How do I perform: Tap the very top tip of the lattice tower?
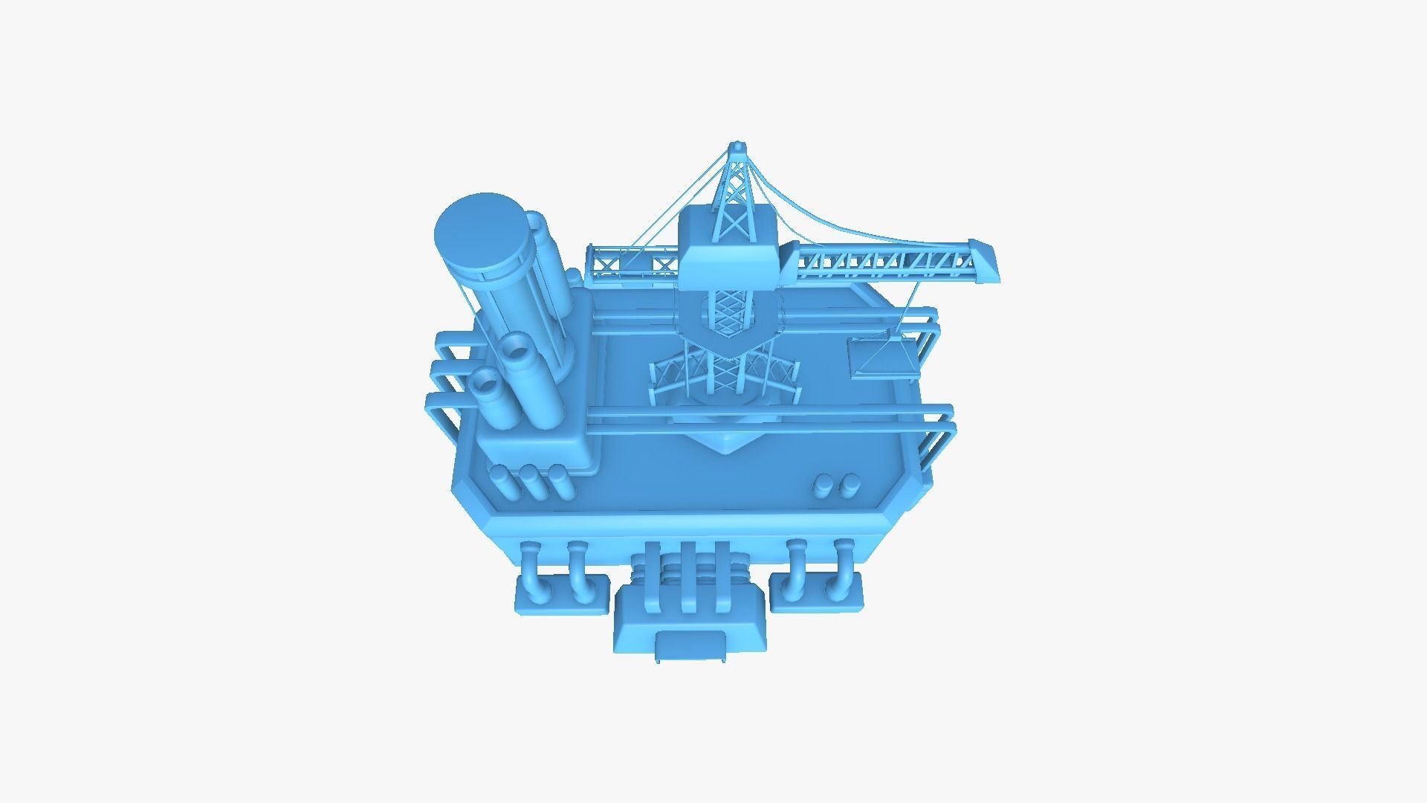(x=737, y=144)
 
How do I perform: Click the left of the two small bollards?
(x=824, y=486)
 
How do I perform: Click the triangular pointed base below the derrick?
(x=725, y=442)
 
